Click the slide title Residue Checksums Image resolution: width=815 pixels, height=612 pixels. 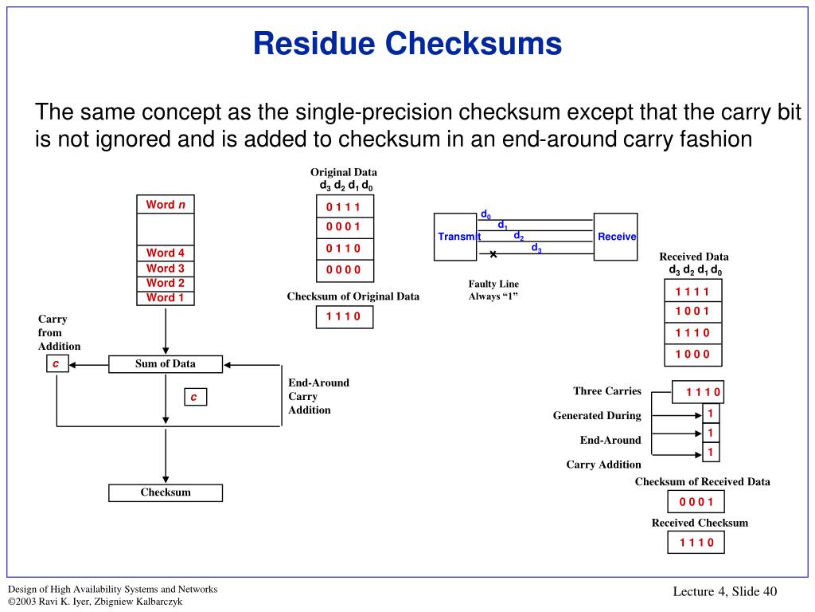(407, 43)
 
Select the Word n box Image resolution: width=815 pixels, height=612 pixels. (166, 204)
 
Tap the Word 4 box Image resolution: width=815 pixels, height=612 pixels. (166, 253)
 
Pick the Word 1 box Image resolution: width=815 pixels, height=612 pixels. (166, 298)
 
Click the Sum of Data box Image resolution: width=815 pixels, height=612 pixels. (166, 363)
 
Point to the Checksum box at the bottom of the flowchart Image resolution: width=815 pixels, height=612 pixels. (166, 492)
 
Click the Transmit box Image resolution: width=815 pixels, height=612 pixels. (455, 237)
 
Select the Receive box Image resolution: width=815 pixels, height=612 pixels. (615, 237)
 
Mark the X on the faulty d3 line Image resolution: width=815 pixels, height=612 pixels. (493, 254)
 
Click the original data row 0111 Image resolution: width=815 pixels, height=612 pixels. (345, 206)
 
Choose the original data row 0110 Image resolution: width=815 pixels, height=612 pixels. (345, 249)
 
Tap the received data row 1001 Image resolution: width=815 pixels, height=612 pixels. (693, 312)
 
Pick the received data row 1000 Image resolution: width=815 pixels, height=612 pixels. (693, 355)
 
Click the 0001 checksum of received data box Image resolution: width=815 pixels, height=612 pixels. (696, 502)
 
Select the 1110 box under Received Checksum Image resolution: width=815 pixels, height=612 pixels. (696, 542)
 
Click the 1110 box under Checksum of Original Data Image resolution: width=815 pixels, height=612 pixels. (345, 316)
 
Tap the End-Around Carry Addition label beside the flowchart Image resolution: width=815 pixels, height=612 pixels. (318, 396)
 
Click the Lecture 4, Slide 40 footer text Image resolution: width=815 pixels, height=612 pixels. (724, 591)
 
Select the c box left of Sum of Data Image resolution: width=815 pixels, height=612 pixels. (57, 363)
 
